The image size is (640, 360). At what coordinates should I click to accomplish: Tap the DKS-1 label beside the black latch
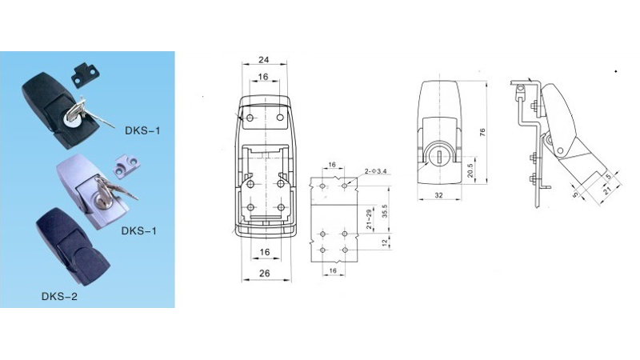tap(142, 129)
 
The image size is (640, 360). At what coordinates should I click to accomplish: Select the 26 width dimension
tap(264, 274)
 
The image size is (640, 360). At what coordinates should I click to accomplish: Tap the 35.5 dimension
tap(386, 211)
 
